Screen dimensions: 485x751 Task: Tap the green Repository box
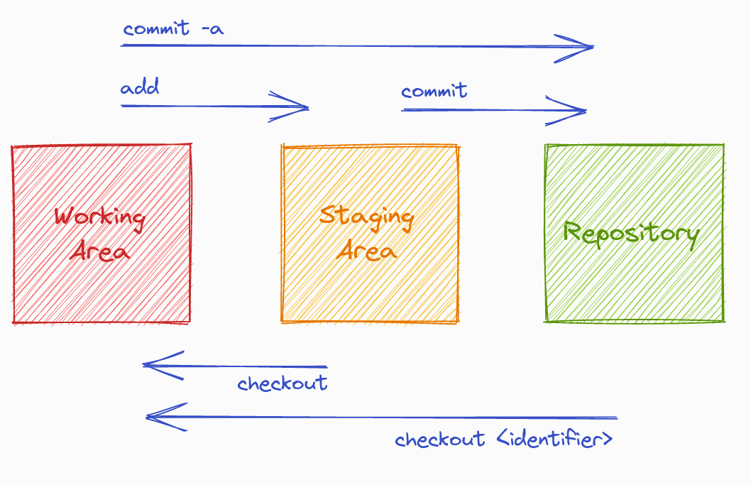coord(635,284)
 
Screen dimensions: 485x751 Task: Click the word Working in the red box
coord(99,217)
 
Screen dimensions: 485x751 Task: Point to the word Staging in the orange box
coord(366,216)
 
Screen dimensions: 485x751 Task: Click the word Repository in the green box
coord(631,233)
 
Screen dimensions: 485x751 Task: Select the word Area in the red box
coord(99,251)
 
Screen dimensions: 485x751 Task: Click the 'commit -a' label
coord(174,29)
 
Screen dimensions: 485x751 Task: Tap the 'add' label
coord(140,88)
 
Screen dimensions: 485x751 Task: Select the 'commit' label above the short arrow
coord(434,92)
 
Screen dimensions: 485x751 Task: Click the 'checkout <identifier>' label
coord(504,440)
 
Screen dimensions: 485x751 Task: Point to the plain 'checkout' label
coord(283,384)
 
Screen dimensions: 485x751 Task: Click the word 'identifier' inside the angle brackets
coord(549,440)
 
